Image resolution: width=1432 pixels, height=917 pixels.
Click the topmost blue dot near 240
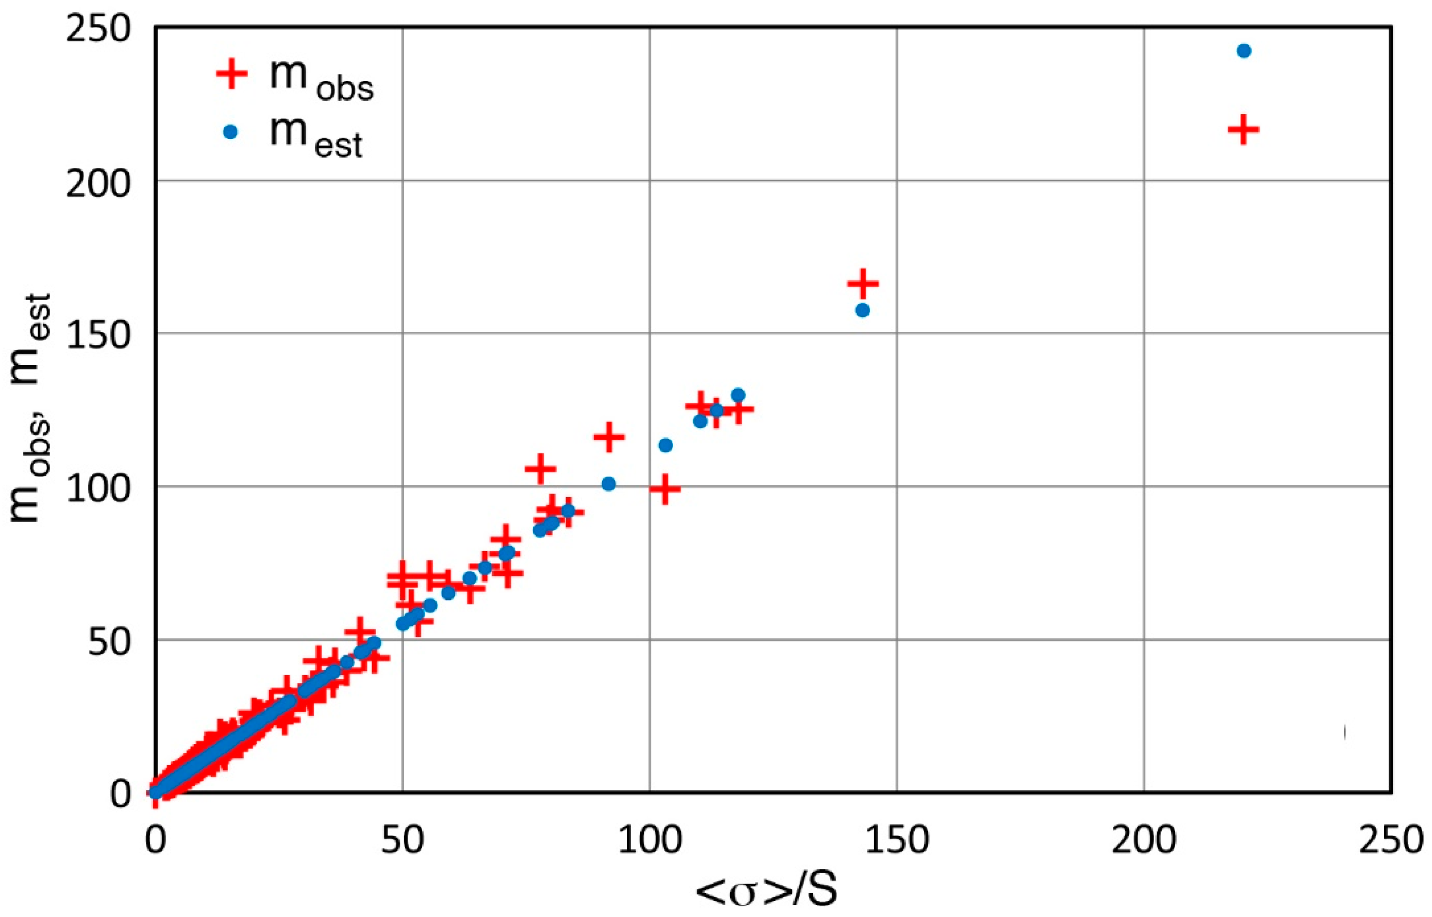click(1244, 51)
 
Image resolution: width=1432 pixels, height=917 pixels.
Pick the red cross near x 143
click(863, 284)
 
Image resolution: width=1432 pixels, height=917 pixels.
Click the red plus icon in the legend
click(231, 74)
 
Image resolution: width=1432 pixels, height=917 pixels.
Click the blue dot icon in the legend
click(231, 132)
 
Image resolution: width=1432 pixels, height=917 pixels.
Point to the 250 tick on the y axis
click(98, 29)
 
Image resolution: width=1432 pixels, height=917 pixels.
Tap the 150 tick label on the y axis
click(98, 335)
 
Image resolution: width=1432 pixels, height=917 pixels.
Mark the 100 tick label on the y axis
click(98, 489)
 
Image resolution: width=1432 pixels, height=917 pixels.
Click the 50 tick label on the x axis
click(403, 841)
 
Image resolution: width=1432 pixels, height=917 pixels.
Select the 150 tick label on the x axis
click(897, 841)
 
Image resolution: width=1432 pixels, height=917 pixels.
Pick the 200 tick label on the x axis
click(1144, 841)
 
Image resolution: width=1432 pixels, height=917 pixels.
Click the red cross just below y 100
click(665, 489)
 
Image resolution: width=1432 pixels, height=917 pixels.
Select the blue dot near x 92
click(609, 484)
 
